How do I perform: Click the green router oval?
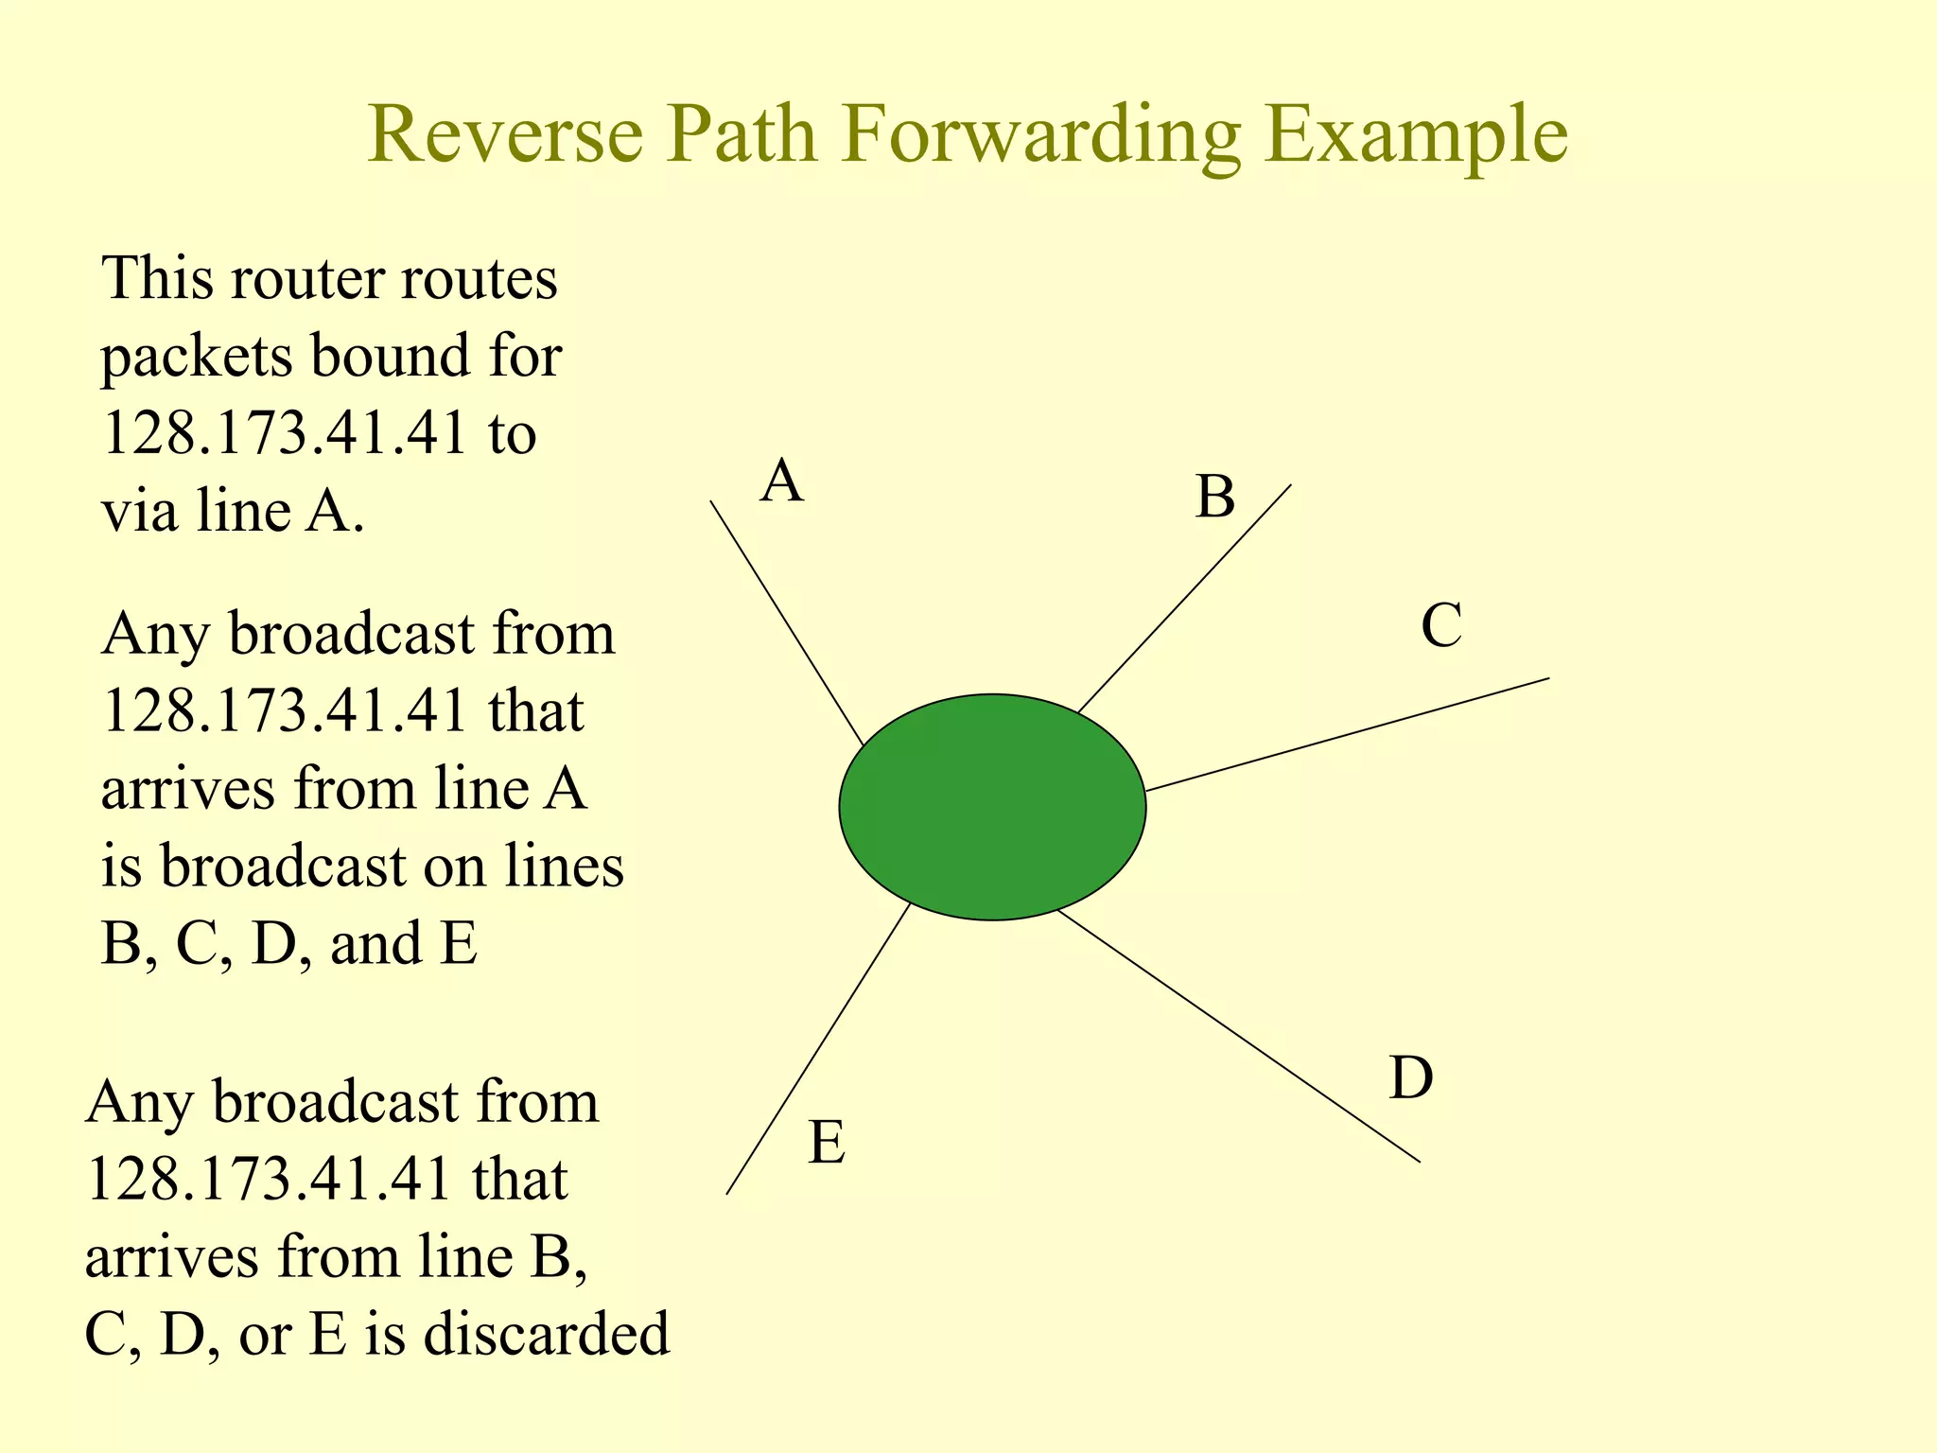click(992, 807)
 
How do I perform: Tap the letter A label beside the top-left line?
click(782, 481)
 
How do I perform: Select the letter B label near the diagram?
click(1215, 497)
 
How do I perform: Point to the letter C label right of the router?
click(1441, 626)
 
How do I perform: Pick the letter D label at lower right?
click(1411, 1077)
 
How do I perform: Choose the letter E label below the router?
click(827, 1143)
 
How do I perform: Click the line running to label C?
click(1347, 734)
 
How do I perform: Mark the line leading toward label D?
click(1239, 1036)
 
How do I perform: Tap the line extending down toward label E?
click(818, 1049)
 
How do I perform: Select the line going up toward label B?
click(1185, 599)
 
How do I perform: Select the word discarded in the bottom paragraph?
click(546, 1334)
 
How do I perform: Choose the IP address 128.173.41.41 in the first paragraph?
click(285, 434)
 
